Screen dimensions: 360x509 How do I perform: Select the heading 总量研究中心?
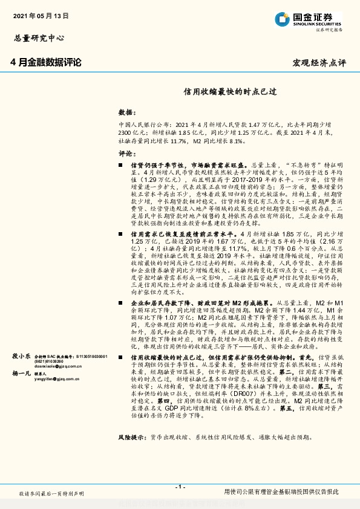(39, 37)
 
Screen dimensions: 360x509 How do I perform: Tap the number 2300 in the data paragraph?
(125, 131)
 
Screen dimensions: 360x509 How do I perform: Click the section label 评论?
(126, 153)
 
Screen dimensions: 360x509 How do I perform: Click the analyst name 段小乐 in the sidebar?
(22, 357)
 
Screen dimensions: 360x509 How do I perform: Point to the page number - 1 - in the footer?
(180, 486)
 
